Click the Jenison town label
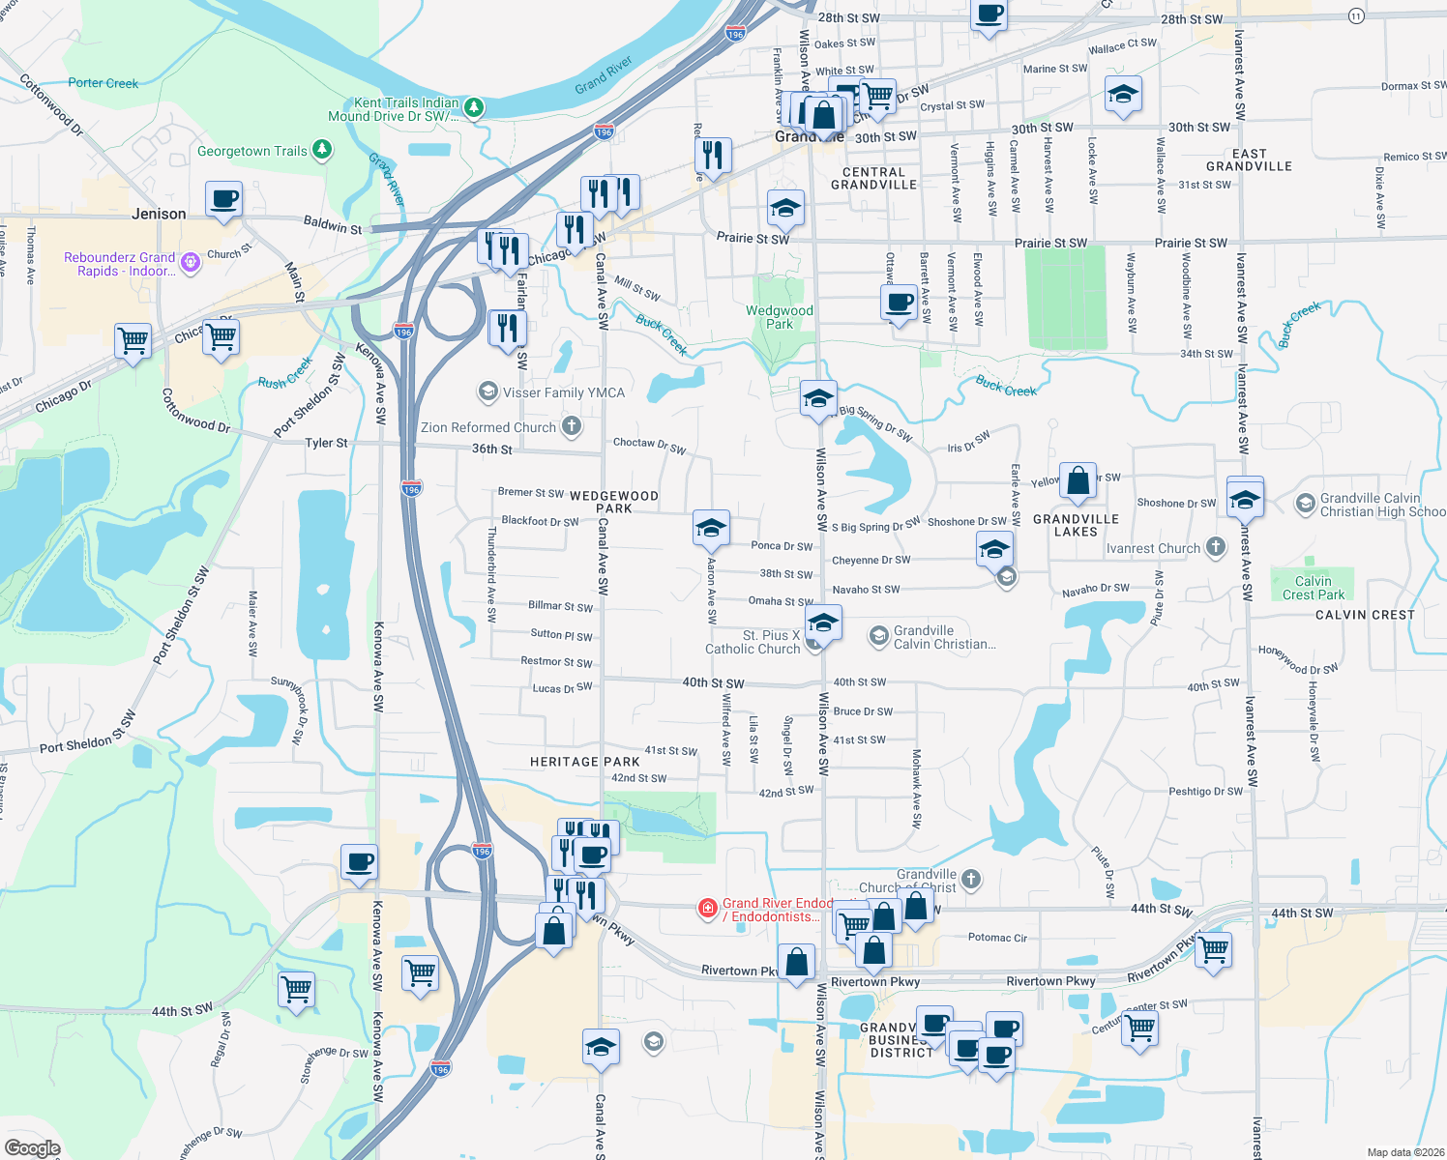tap(159, 214)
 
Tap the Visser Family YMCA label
tap(563, 392)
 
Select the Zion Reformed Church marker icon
tap(572, 426)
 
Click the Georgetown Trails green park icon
tap(322, 150)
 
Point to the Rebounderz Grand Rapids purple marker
tap(191, 262)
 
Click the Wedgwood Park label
tap(779, 317)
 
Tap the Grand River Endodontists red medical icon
tap(708, 908)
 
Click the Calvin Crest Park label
tap(1313, 588)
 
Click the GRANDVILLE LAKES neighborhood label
tap(1076, 525)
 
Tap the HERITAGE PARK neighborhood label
tap(584, 762)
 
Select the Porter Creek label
tap(103, 83)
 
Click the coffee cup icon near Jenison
tap(223, 199)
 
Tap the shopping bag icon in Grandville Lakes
tap(1078, 480)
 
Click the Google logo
tap(32, 1148)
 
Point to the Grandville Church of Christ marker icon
tap(971, 879)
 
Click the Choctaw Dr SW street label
tap(649, 445)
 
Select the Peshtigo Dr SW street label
tap(1205, 791)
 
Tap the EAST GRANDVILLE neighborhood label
tap(1249, 159)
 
